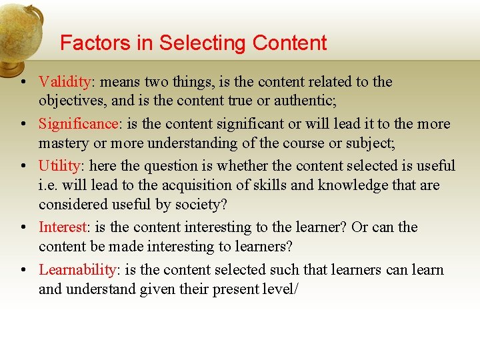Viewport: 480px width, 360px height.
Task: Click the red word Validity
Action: pos(65,82)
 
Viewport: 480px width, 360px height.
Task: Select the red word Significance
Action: pos(77,124)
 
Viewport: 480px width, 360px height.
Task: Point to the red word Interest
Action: pos(63,227)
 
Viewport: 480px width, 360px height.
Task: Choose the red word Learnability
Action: pos(77,270)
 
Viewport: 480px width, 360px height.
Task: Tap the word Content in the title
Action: pos(290,43)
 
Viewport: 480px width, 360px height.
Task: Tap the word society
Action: pos(199,204)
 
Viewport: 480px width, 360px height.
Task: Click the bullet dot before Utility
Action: pos(23,167)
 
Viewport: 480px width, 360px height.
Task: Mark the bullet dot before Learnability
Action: pos(23,271)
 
